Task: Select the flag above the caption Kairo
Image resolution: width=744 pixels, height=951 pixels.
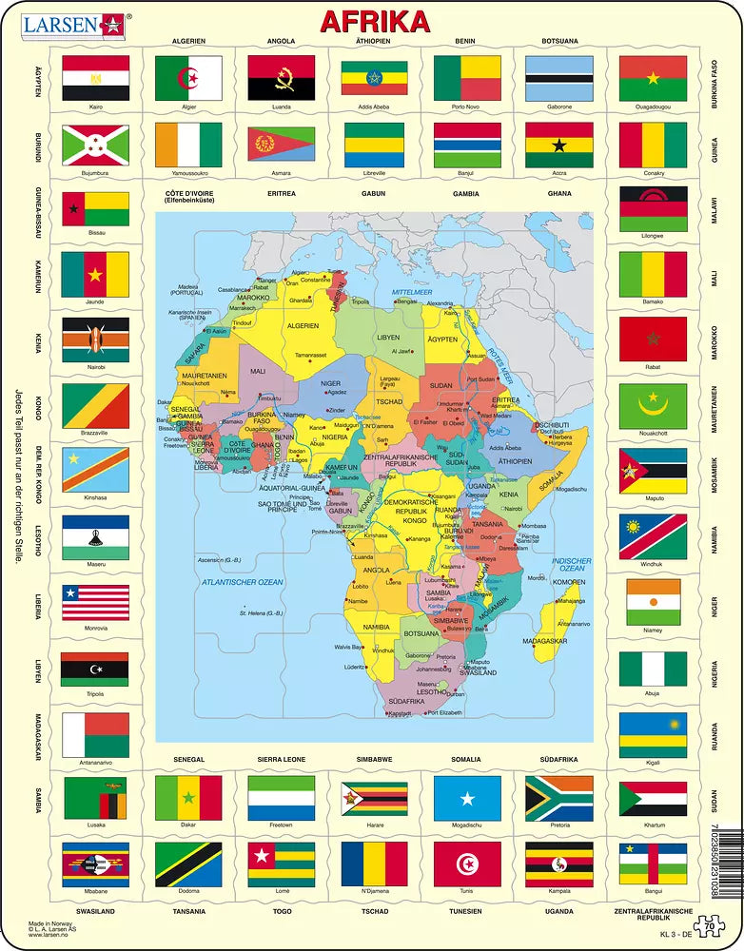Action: tap(95, 77)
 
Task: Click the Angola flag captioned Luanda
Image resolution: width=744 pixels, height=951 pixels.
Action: tap(282, 77)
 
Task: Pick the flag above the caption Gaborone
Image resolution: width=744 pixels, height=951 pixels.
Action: tap(559, 77)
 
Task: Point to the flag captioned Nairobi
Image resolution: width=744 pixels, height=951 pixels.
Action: tap(95, 340)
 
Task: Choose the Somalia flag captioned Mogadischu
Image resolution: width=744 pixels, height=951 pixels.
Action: tap(467, 798)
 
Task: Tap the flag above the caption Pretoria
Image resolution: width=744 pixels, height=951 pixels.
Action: tap(559, 798)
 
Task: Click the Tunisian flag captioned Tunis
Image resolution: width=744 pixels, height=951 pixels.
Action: tap(467, 864)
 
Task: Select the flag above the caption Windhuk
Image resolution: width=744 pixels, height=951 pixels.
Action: tap(653, 536)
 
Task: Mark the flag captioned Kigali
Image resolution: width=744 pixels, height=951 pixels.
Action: tap(653, 734)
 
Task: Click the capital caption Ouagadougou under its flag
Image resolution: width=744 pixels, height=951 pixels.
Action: tap(653, 107)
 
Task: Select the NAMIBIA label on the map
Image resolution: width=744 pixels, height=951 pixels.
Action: tap(376, 627)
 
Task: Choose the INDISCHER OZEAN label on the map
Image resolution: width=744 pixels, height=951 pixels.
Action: tap(573, 564)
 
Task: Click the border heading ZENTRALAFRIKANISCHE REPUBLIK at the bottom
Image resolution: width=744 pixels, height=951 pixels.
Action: tap(653, 915)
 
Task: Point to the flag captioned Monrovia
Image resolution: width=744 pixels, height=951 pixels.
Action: tap(95, 602)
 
